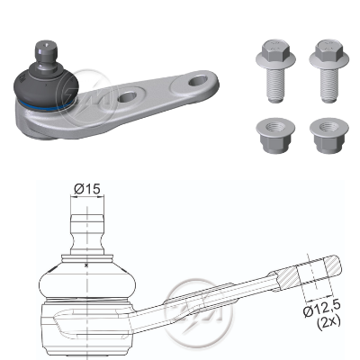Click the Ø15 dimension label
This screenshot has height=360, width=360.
pos(87,189)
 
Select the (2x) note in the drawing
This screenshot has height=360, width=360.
pos(328,322)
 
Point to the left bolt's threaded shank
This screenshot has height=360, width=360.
pos(275,85)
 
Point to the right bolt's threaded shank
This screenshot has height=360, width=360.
pos(329,85)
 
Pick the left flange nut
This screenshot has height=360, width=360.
pos(275,136)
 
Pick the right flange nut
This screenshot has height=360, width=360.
pos(329,136)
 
